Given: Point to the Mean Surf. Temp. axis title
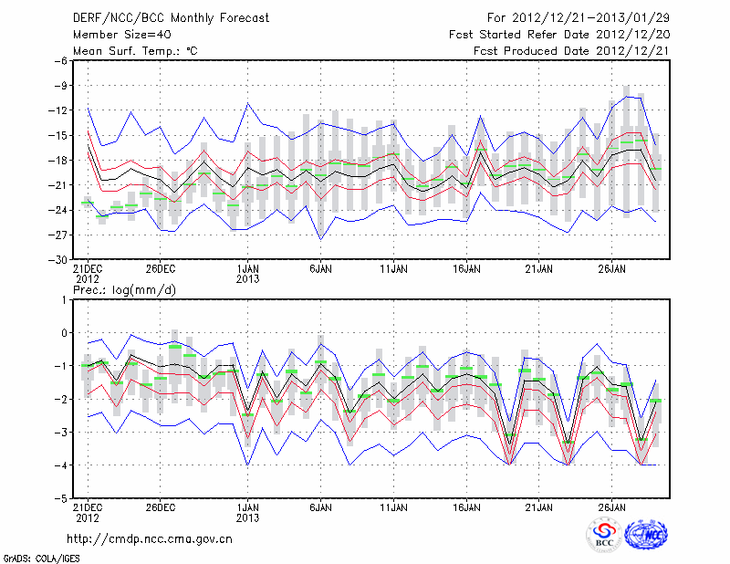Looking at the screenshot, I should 135,50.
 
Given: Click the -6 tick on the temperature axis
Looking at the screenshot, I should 60,61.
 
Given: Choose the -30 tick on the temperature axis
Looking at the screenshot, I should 57,260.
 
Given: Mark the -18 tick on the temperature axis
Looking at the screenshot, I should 57,161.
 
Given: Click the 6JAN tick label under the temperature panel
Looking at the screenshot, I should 320,270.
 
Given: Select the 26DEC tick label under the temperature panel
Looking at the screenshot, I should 160,270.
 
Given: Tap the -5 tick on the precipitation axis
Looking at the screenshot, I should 60,499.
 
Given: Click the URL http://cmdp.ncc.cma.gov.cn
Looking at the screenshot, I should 150,538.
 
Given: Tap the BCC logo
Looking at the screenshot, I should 604,535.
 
